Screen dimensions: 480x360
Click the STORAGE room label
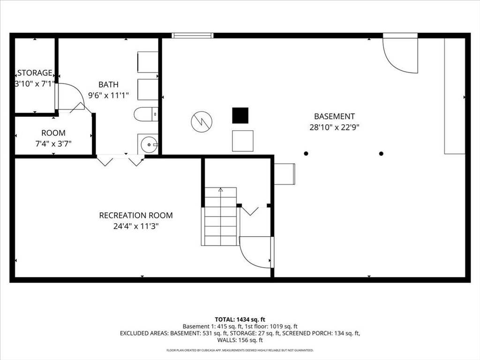35,73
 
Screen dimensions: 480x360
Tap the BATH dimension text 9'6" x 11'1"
108,96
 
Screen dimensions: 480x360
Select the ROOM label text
53,133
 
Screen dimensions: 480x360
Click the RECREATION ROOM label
136,215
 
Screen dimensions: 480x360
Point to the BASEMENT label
334,116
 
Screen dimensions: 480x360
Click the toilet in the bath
146,114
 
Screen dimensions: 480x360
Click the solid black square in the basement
240,115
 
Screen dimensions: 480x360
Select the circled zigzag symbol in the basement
202,121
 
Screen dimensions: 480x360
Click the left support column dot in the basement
306,153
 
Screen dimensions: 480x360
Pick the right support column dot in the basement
381,153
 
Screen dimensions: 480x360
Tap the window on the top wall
192,36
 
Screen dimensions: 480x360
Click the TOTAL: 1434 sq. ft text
240,320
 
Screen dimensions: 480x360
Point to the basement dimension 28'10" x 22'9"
334,127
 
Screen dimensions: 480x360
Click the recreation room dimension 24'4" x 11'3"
136,226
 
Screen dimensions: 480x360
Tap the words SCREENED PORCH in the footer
306,333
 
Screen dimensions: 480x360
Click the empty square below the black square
243,141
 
